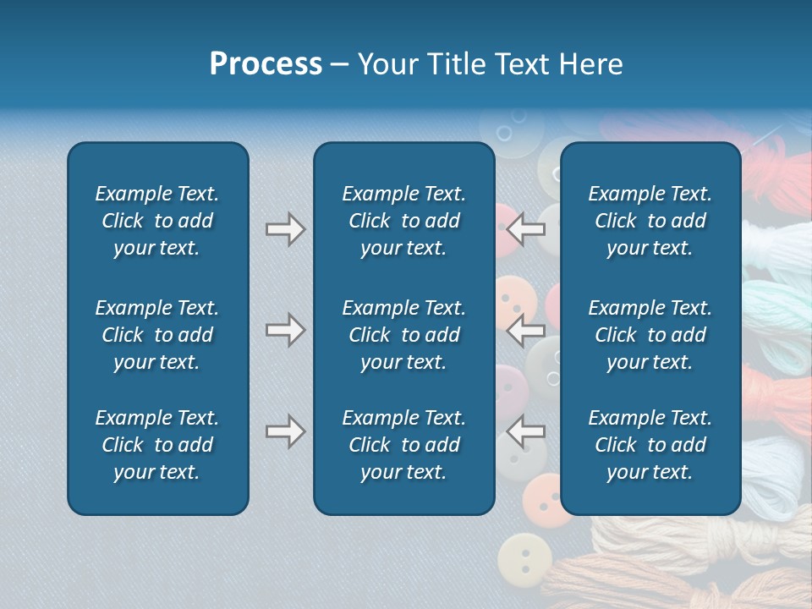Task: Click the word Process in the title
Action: point(266,64)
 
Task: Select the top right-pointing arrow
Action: point(285,228)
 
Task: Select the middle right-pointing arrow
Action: point(285,330)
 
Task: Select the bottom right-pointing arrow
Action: point(285,432)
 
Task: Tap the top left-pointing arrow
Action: point(526,228)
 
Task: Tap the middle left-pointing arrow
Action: point(526,330)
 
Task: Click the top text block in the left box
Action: point(157,221)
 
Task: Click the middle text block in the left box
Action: point(157,335)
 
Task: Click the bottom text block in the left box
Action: point(157,445)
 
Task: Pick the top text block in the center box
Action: point(403,221)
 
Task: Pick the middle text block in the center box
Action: point(403,335)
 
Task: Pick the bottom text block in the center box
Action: point(403,445)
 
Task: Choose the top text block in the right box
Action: point(650,221)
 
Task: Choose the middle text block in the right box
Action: point(650,335)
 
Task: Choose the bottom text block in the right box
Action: point(650,445)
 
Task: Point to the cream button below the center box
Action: point(524,560)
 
